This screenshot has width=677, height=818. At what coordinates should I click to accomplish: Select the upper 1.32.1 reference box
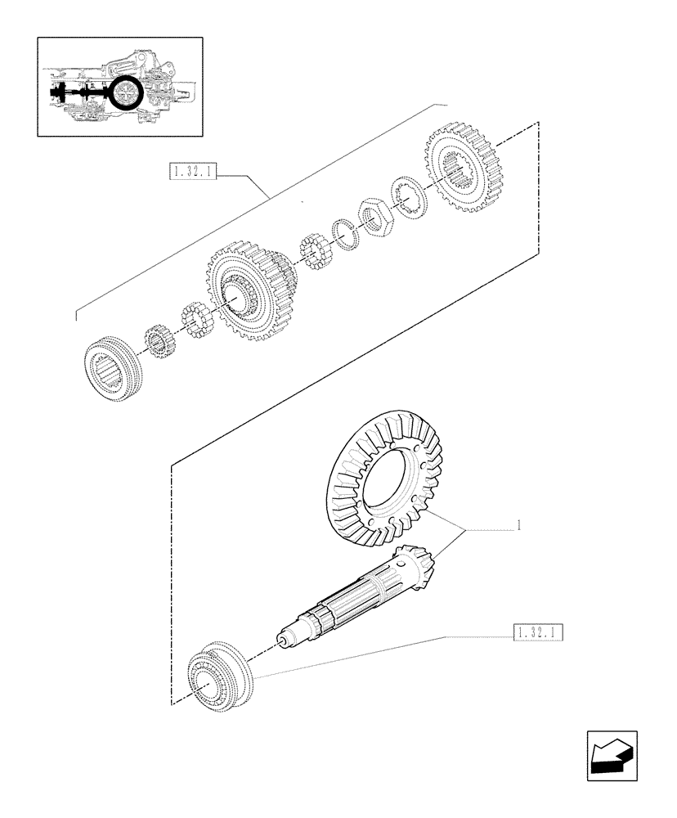193,172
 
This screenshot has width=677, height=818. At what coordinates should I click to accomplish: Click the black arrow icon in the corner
612,753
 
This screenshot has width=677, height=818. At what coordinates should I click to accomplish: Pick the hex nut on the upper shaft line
377,219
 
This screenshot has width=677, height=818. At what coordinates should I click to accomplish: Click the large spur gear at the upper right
463,168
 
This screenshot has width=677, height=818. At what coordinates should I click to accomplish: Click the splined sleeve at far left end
114,371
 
